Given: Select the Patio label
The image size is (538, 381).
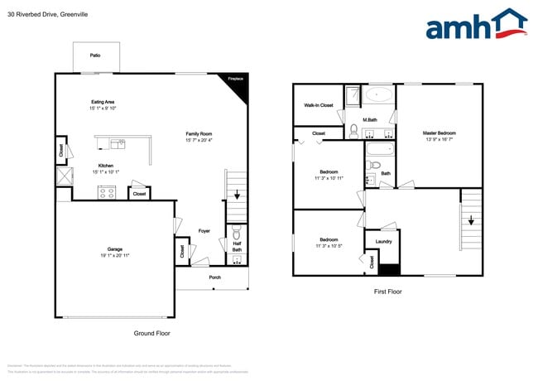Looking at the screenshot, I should [95, 55].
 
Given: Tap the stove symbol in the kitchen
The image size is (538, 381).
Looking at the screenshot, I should [107, 192].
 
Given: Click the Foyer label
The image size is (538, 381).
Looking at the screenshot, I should [204, 231].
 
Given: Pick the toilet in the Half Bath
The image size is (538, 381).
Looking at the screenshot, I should [237, 232].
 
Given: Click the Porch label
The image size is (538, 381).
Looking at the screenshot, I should [214, 277].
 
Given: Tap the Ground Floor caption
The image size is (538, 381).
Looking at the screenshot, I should [151, 333].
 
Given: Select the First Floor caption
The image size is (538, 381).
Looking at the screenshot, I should [388, 292].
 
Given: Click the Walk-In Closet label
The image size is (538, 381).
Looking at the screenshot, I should [319, 105].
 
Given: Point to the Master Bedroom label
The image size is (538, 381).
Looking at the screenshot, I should [439, 133].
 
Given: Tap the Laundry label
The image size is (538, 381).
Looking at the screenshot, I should [383, 242].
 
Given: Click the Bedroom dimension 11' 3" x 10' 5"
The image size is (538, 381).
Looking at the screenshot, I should [328, 246].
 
